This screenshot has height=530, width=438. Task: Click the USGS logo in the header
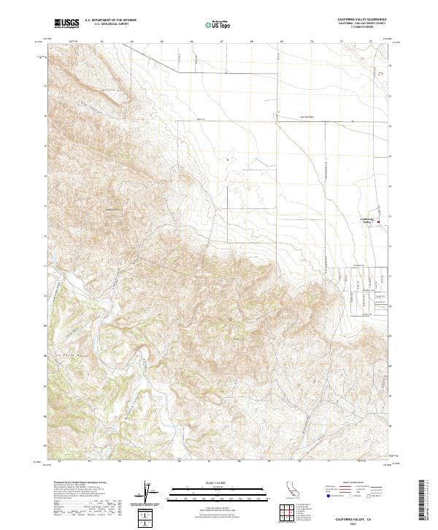click(66, 23)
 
